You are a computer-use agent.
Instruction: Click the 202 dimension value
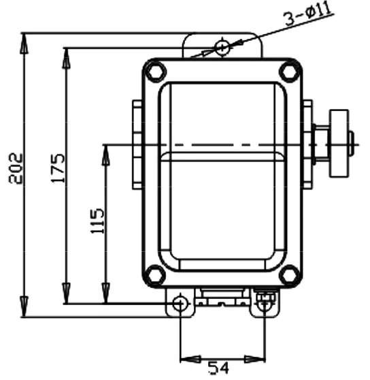(16, 168)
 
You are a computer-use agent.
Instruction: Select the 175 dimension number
(58, 168)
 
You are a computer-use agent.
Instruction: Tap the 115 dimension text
(97, 221)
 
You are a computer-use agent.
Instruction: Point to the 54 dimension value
(218, 368)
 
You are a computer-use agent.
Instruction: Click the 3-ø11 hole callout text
(308, 14)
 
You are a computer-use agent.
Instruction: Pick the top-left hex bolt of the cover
(155, 72)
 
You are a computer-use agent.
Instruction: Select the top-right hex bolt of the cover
(290, 72)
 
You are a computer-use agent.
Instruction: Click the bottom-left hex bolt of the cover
(155, 275)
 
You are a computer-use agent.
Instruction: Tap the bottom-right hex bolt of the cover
(290, 275)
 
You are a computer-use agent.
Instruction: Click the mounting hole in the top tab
(222, 47)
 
